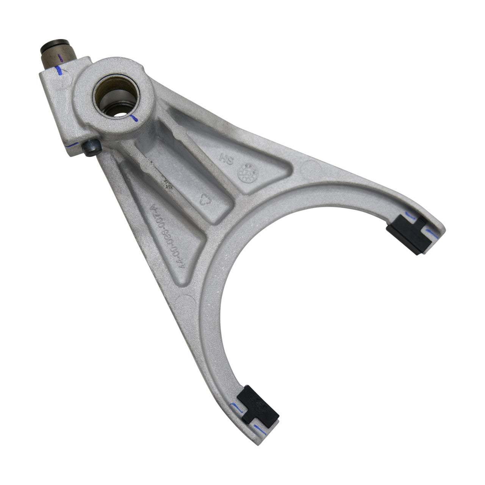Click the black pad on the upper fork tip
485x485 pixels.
(407, 235)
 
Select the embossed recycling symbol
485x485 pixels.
(205, 200)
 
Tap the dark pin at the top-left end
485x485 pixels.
(56, 55)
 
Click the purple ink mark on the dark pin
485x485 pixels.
(59, 58)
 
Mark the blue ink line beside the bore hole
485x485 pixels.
(134, 119)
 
